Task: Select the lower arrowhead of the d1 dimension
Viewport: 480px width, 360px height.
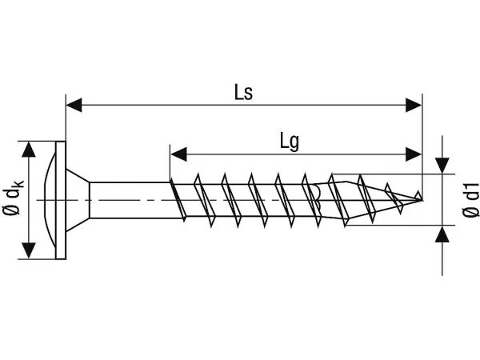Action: pos(442,234)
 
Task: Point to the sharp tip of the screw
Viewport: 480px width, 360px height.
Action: pos(421,196)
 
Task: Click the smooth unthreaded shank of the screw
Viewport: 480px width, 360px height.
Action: pos(128,199)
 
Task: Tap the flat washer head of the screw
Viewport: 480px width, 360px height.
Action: pos(61,199)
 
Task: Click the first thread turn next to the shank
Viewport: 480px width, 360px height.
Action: pos(181,199)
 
